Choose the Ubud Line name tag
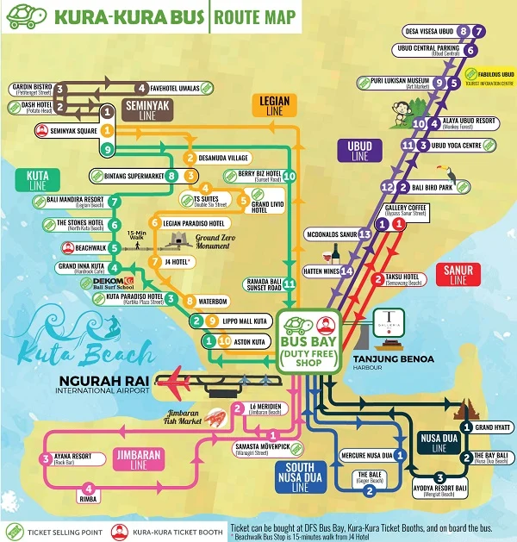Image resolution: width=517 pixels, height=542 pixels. pyautogui.click(x=359, y=151)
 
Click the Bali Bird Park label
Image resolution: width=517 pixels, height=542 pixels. pyautogui.click(x=430, y=187)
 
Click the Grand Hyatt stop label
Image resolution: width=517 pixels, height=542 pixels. pyautogui.click(x=492, y=427)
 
